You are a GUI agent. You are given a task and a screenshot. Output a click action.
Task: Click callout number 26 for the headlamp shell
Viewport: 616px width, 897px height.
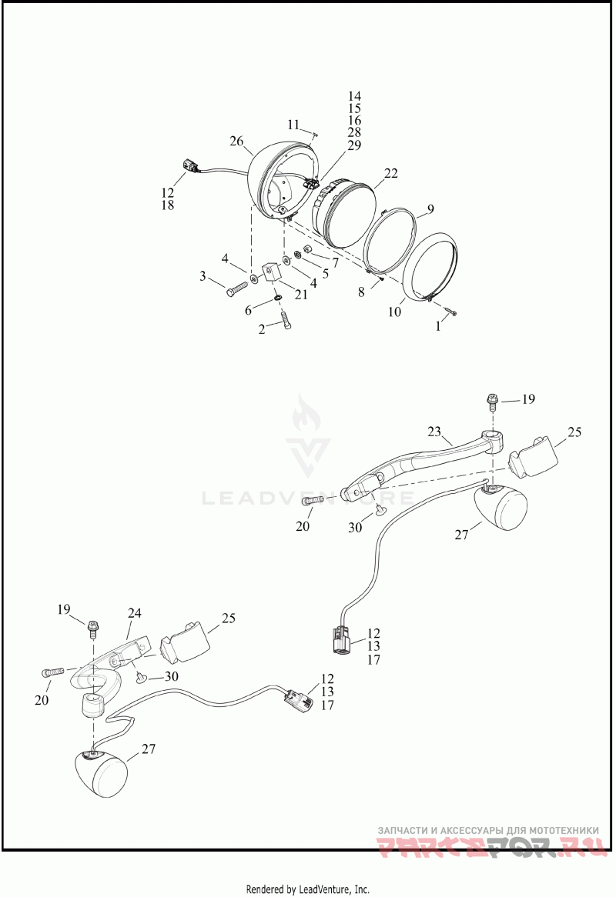click(x=236, y=141)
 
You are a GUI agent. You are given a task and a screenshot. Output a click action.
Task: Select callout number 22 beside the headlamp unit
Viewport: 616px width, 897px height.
click(x=390, y=174)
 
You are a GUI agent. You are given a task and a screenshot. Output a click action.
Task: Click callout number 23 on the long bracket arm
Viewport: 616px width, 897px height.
click(x=434, y=432)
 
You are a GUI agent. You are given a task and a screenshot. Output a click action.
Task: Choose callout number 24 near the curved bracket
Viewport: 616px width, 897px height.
click(x=135, y=613)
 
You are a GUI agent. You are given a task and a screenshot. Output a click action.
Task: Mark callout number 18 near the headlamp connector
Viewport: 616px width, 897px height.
click(x=167, y=205)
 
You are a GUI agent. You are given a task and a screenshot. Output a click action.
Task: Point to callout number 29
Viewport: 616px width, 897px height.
click(x=354, y=145)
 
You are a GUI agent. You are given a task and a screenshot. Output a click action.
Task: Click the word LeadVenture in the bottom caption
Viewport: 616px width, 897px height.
click(x=324, y=889)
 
